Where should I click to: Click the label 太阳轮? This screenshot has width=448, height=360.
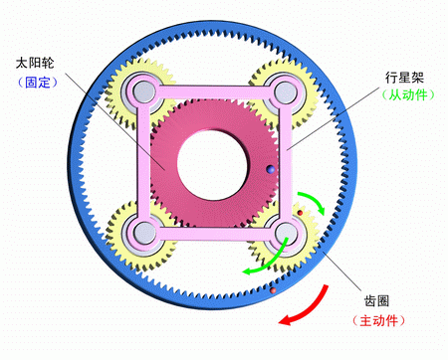tap(36, 63)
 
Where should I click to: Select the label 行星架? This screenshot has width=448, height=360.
tap(403, 76)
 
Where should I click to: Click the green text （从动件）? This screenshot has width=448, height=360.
tap(404, 96)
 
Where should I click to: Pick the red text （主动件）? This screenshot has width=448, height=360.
tap(378, 322)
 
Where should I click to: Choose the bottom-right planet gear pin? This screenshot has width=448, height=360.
tap(286, 235)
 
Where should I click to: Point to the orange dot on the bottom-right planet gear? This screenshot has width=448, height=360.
tap(300, 212)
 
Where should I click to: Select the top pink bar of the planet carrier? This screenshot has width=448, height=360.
tap(213, 92)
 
